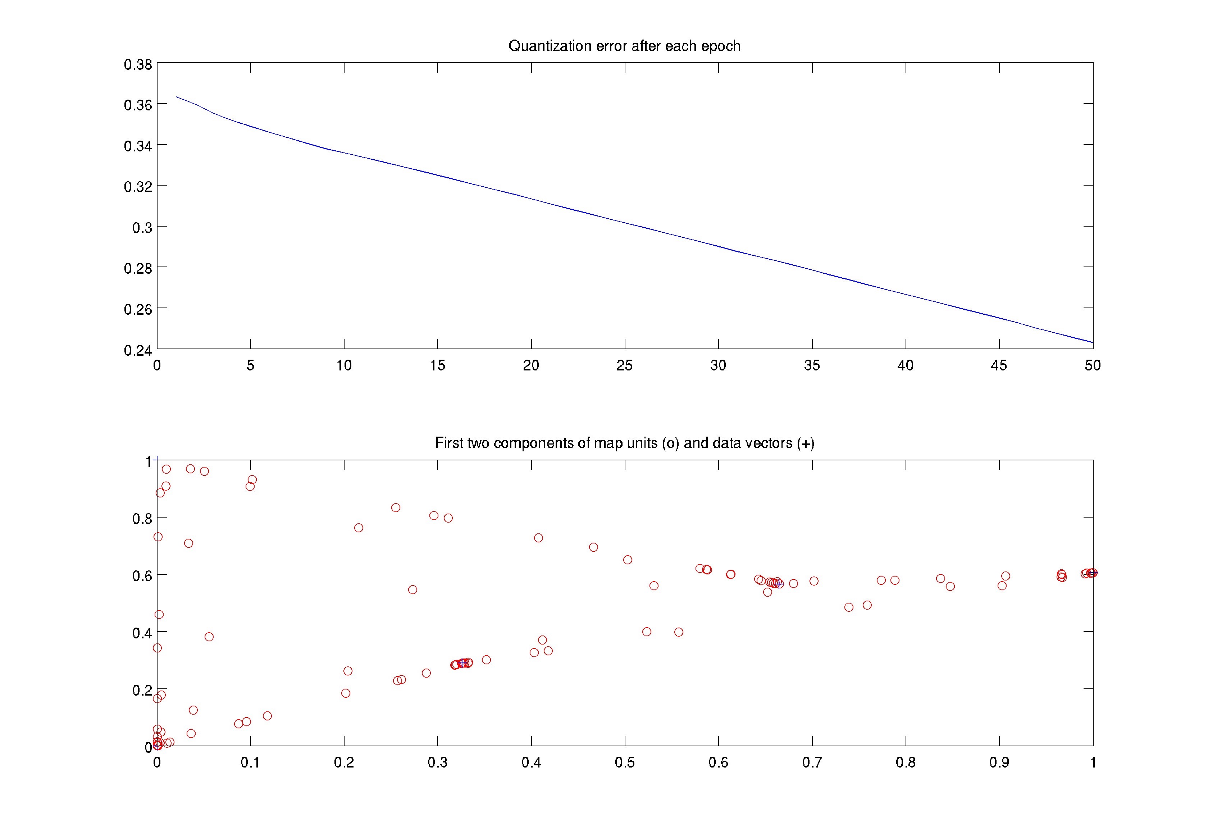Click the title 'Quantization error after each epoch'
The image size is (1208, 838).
click(624, 46)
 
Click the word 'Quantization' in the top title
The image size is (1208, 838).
click(550, 46)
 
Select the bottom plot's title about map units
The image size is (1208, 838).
click(624, 443)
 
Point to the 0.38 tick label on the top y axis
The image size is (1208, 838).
click(137, 65)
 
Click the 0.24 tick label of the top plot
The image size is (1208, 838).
click(137, 350)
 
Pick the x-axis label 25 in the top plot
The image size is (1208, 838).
click(624, 365)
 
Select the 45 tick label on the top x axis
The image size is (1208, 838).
click(999, 365)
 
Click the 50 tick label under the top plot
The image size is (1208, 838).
click(1093, 365)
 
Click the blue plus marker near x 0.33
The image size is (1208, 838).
click(462, 663)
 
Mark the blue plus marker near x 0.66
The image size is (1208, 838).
click(779, 584)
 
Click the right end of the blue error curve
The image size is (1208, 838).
click(1092, 342)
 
